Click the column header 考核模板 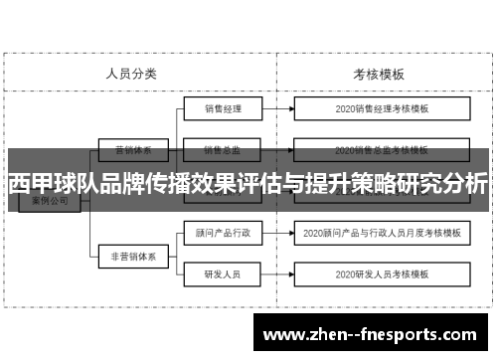[x=379, y=74]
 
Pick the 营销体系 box [x=132, y=152]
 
